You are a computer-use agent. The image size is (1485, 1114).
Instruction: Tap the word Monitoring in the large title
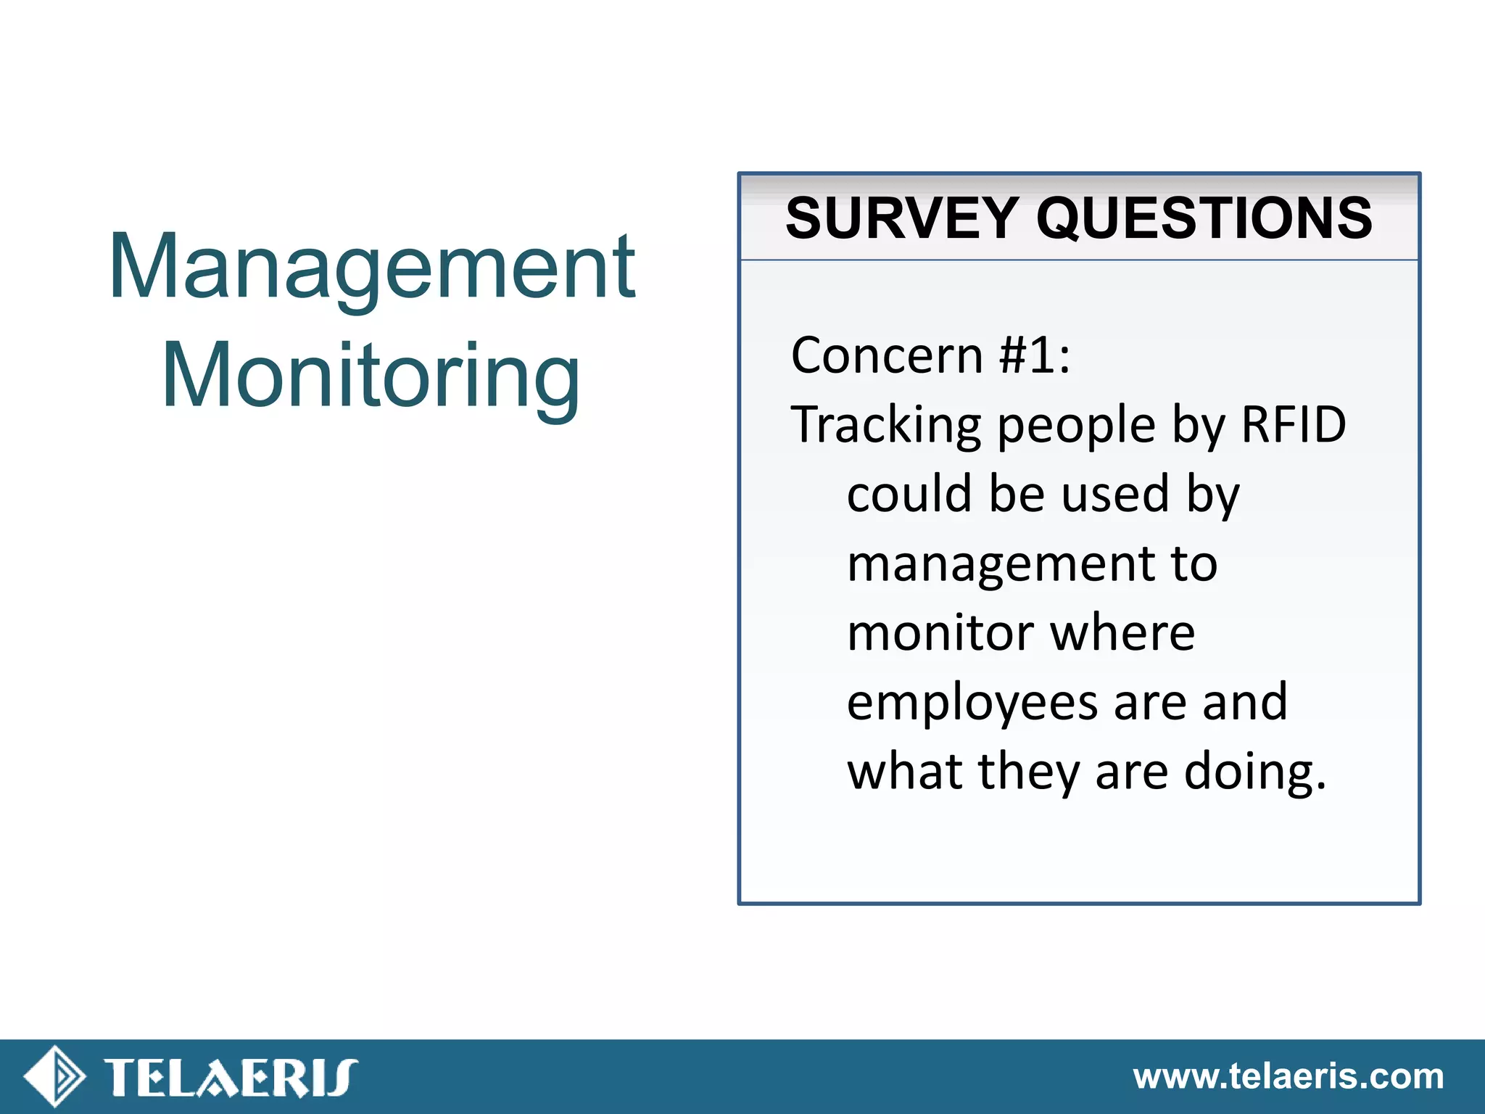[371, 376]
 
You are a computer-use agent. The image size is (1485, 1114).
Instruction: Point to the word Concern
[887, 355]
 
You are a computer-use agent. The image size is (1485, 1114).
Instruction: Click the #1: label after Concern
[1035, 355]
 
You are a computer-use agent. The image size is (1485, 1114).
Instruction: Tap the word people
[1076, 426]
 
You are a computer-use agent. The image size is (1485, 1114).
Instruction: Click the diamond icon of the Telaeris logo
[54, 1076]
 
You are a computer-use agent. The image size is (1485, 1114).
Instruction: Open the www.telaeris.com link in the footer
[1288, 1076]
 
